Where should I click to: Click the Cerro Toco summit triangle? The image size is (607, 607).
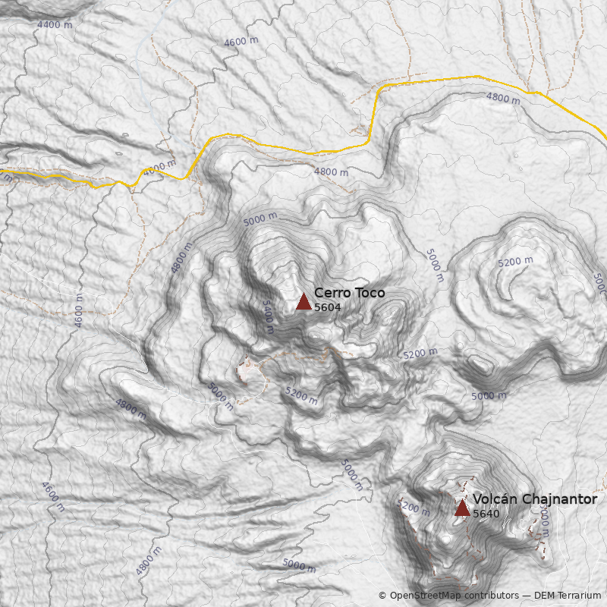[x=303, y=301]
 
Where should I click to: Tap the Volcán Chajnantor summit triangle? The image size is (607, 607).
[x=462, y=508]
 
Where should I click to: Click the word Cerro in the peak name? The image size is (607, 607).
[x=331, y=293]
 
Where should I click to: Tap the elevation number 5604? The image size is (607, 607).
[x=327, y=307]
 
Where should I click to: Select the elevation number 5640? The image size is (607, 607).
[x=486, y=514]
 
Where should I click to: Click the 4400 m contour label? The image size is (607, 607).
[x=55, y=25]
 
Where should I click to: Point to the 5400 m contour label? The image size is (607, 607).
[x=267, y=316]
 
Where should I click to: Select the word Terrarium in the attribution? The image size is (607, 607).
[x=579, y=596]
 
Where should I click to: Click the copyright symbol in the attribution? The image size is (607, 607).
[x=382, y=596]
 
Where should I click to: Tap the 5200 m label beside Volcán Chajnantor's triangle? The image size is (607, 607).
[x=414, y=506]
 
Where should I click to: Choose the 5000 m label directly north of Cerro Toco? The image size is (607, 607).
[x=260, y=219]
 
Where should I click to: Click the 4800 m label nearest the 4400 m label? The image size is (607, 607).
[x=159, y=168]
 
